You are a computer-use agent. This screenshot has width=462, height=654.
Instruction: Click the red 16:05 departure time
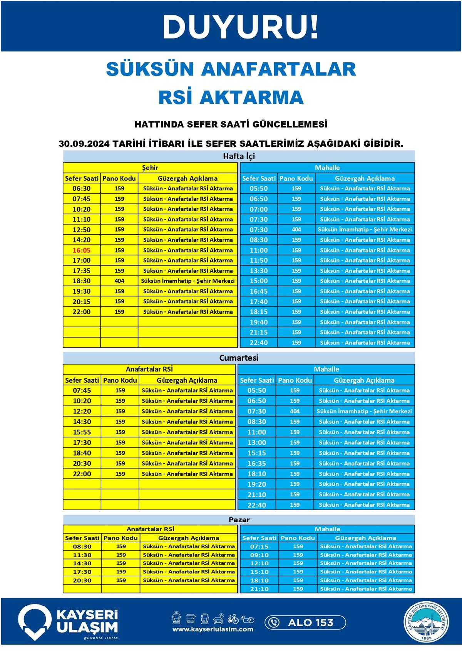82,250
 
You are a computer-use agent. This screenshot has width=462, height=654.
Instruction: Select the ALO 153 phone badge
305,622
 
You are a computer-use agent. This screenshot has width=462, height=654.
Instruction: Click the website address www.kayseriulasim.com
213,629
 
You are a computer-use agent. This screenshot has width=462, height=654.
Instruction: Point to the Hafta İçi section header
239,156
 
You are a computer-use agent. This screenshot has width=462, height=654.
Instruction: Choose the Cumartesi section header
239,358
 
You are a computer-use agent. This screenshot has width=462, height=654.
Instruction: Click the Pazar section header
239,520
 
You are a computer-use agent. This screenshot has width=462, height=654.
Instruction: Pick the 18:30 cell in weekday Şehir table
82,281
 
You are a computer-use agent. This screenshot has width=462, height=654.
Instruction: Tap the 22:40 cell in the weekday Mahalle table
258,343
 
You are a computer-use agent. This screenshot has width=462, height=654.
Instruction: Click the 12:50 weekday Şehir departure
82,230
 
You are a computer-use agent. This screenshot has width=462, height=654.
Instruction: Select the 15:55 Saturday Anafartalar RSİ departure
82,432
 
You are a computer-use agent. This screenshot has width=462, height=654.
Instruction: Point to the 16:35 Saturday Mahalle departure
256,463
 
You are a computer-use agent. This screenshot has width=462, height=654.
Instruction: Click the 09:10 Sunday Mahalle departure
259,555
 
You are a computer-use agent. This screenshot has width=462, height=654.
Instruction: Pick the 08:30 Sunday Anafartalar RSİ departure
82,546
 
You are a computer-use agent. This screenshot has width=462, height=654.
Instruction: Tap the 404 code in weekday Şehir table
119,281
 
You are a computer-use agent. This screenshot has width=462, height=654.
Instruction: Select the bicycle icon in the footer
233,619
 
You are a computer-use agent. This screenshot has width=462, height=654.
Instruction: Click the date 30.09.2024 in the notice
84,144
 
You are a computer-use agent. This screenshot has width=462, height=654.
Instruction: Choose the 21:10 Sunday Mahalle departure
259,589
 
